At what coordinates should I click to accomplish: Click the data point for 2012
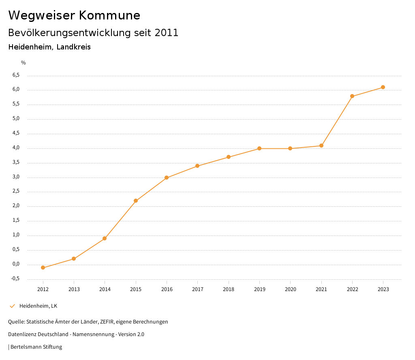[43, 268]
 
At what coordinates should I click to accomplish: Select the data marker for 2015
[136, 201]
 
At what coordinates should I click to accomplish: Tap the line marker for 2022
[352, 96]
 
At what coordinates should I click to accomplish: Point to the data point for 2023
[383, 87]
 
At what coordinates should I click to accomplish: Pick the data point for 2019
[259, 148]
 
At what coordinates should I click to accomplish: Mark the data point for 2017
[197, 166]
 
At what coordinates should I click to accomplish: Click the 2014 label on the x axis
[105, 289]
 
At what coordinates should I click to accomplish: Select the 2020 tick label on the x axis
[290, 289]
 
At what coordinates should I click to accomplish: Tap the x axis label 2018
[229, 289]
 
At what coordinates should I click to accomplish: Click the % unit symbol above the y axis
[24, 63]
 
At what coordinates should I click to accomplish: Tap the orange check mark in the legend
[12, 306]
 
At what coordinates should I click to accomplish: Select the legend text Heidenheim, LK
[38, 306]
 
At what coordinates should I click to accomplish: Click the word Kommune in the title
[109, 15]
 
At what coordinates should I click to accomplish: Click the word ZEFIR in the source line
[107, 322]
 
